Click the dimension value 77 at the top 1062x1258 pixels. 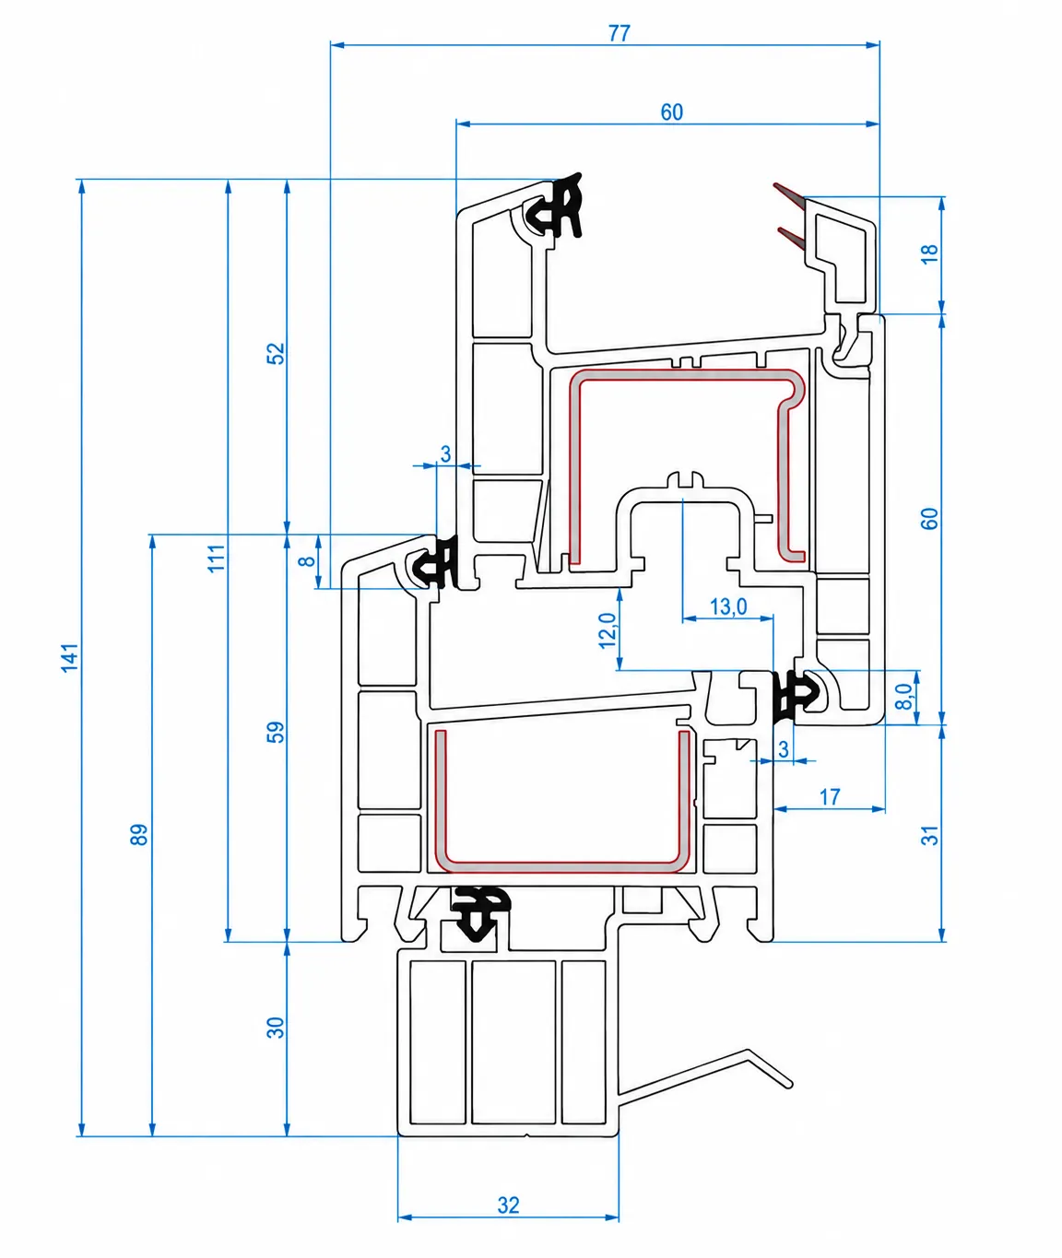619,34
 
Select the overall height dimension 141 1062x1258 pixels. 70,657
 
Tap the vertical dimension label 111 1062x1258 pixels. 217,558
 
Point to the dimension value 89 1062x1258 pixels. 139,835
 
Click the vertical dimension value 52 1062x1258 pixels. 276,354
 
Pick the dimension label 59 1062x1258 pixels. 276,732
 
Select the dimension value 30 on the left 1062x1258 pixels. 276,1028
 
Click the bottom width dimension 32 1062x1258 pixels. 508,1205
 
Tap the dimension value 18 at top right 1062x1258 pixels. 930,253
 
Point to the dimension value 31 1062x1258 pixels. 930,836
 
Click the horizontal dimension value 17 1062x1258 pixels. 830,798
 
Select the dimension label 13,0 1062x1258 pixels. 728,606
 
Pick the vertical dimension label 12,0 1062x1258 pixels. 608,629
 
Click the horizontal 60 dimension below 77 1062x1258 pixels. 671,112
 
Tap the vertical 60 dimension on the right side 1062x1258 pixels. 930,519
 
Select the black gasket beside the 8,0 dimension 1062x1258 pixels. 796,697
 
